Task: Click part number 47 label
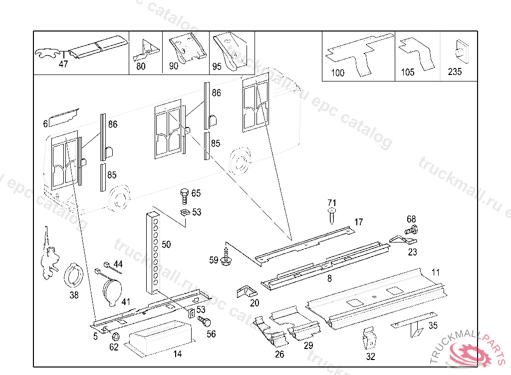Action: tap(63, 64)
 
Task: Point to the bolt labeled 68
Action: tap(412, 230)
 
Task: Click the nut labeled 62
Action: tap(114, 336)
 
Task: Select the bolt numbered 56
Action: tap(203, 321)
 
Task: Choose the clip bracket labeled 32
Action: tap(369, 338)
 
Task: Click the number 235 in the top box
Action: tap(455, 72)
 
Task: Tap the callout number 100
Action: tap(337, 73)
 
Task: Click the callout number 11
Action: tap(436, 272)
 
